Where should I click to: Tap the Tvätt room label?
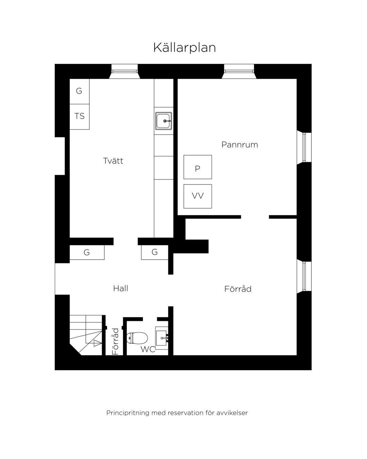(113, 160)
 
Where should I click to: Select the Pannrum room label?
(240, 144)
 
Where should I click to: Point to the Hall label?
(121, 288)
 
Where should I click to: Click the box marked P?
(198, 167)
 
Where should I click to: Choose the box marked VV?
(198, 196)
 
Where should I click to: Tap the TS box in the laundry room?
(79, 117)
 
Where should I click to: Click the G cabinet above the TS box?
(79, 91)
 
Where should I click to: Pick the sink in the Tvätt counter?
(163, 121)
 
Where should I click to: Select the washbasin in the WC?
(162, 338)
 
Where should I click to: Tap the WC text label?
(147, 349)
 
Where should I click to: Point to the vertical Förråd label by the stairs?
(115, 341)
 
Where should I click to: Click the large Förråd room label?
(238, 289)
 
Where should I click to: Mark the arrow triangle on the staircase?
(98, 343)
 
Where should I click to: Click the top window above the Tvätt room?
(124, 71)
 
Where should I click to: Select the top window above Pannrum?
(239, 71)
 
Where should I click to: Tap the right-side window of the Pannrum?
(304, 147)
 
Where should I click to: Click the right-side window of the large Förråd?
(304, 276)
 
